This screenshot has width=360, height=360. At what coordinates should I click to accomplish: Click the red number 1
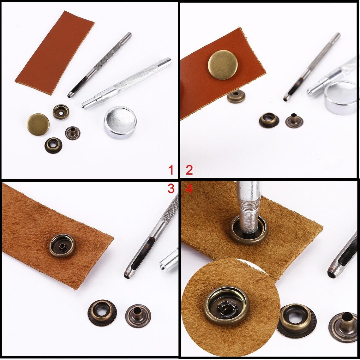171,170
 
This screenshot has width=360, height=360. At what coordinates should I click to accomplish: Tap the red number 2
189,170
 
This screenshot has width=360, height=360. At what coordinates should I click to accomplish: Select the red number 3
171,189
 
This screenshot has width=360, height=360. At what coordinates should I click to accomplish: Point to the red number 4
189,189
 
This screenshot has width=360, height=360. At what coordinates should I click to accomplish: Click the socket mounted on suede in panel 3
62,246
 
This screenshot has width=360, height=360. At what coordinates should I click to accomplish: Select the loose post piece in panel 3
138,316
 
